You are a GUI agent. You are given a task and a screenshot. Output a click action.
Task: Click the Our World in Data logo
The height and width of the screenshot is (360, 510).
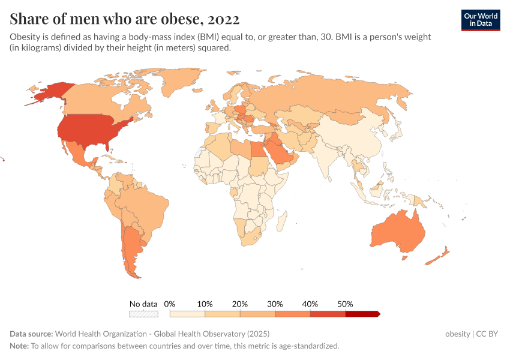tap(480, 20)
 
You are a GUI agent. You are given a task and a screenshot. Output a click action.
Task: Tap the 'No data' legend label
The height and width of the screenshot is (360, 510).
tap(143, 304)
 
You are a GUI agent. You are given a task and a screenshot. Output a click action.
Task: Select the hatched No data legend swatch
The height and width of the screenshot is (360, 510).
tap(143, 314)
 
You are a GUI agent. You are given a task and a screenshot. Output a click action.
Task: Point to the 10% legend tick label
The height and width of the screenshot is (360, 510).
tap(205, 304)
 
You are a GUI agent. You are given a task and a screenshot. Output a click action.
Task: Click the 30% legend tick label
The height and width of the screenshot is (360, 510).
tap(275, 304)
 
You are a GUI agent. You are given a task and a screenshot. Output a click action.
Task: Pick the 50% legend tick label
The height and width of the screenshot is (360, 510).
tap(345, 304)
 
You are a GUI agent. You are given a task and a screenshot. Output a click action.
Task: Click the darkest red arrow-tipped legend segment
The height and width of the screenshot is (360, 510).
tap(362, 314)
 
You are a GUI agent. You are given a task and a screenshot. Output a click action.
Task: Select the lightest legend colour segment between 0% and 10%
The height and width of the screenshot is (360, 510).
tap(187, 314)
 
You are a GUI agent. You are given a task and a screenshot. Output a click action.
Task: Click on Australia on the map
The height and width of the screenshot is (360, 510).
tap(397, 232)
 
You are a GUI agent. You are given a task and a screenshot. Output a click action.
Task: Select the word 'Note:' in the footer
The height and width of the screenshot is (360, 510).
tap(19, 346)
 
